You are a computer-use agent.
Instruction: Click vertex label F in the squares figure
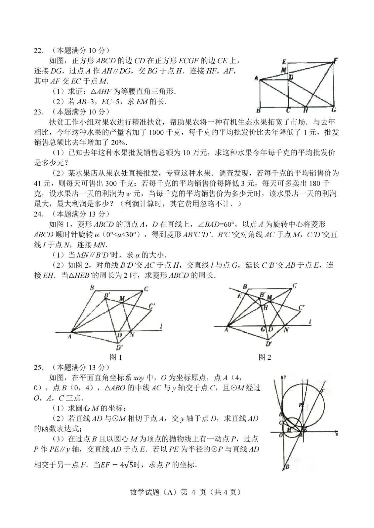click(x=335, y=60)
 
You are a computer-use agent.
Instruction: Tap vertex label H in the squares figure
click(x=306, y=110)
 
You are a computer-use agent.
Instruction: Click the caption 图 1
click(x=116, y=357)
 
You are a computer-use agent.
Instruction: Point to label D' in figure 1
click(x=119, y=347)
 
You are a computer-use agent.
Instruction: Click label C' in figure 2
click(x=302, y=308)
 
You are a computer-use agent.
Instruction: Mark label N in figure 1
click(x=133, y=335)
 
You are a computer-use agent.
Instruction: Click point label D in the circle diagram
click(x=287, y=466)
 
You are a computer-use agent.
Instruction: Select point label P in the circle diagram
click(x=300, y=405)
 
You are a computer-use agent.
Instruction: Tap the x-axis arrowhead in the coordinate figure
click(x=336, y=432)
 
